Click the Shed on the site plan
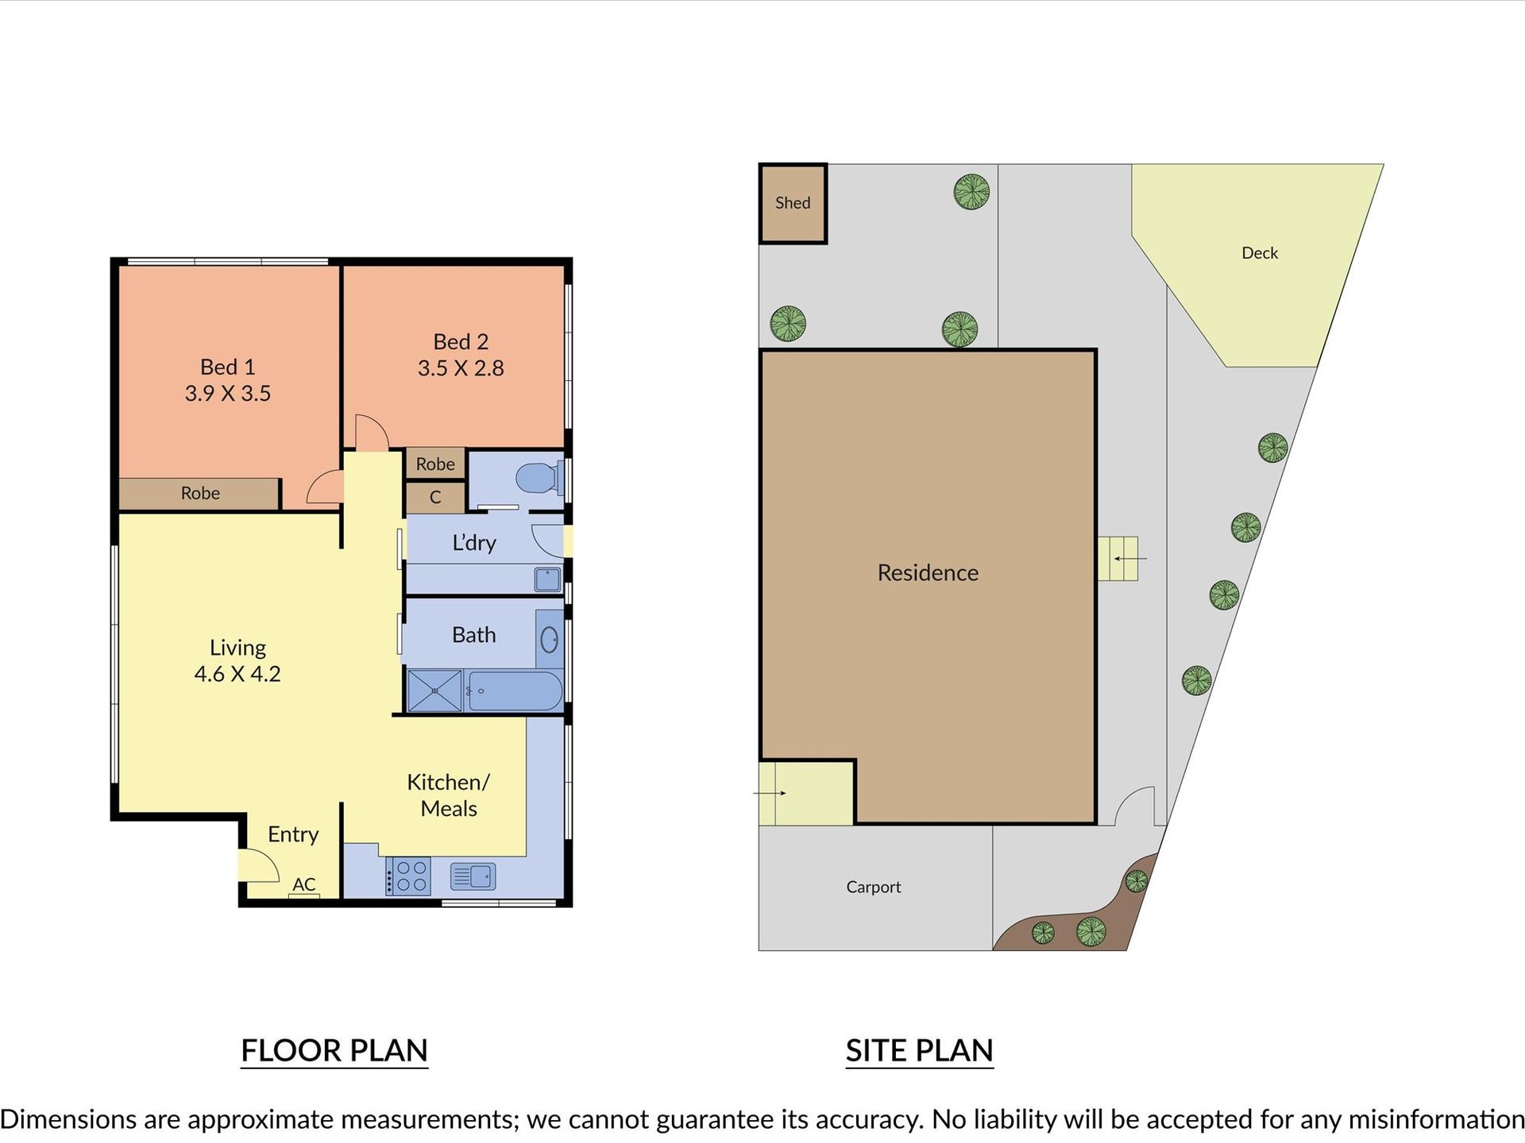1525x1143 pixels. click(x=793, y=203)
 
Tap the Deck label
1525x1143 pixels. click(x=1260, y=253)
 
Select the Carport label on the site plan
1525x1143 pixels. click(x=874, y=887)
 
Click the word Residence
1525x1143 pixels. click(x=928, y=572)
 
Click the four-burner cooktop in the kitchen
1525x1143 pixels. click(x=408, y=876)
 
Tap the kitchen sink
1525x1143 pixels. click(x=473, y=876)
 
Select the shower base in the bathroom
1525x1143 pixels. click(x=434, y=691)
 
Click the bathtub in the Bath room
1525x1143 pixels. click(x=515, y=691)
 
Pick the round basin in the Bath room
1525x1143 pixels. click(x=550, y=639)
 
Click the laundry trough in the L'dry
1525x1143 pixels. click(x=547, y=579)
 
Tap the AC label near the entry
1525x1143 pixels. click(x=304, y=884)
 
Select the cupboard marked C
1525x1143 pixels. click(x=434, y=498)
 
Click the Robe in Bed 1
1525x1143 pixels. click(x=199, y=494)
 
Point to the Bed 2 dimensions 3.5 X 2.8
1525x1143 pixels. click(x=461, y=368)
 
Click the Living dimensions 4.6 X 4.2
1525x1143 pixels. click(x=237, y=674)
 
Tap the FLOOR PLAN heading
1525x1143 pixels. click(x=334, y=1051)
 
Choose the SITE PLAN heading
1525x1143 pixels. click(x=920, y=1051)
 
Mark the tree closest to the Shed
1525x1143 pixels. click(x=788, y=324)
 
